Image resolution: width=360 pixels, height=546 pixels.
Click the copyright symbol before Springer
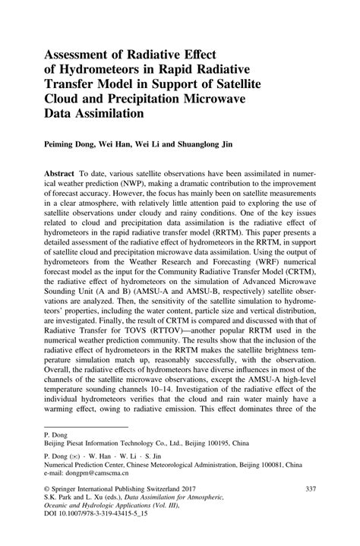click(49, 508)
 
